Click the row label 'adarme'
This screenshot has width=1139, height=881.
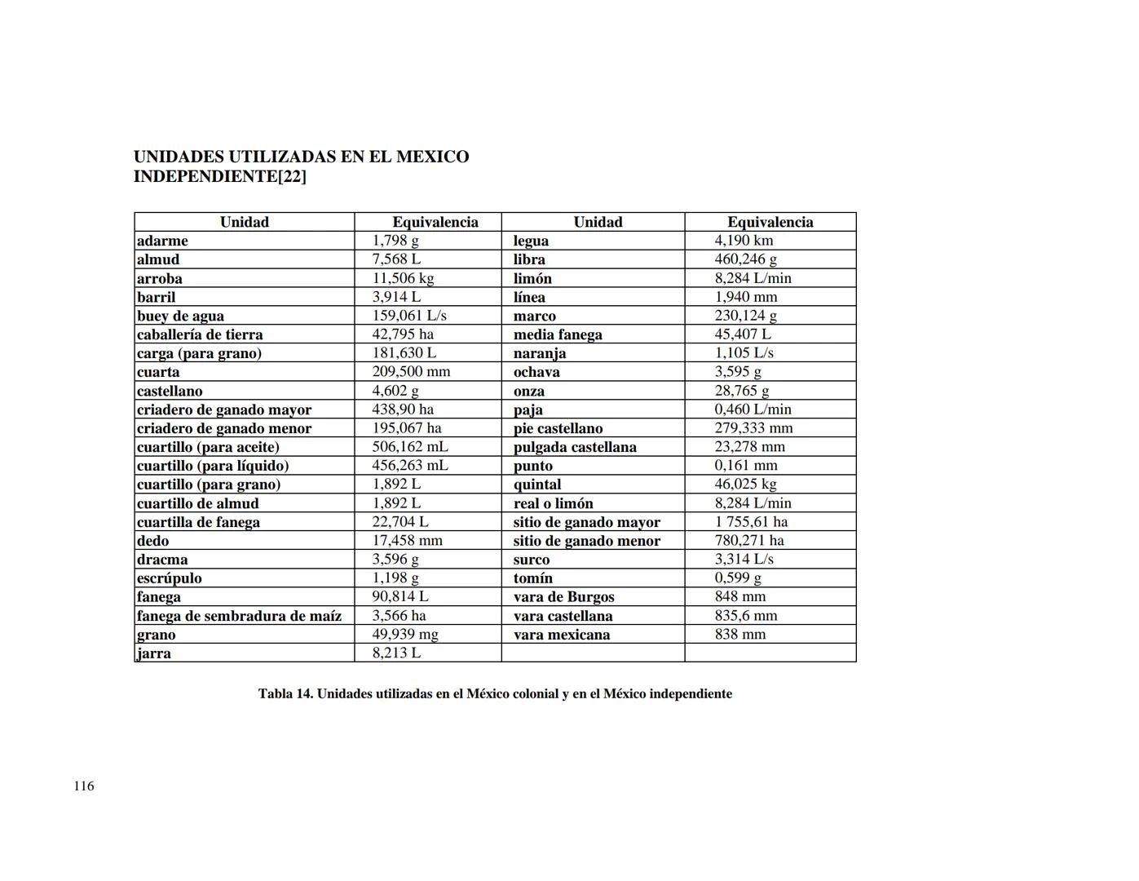pyautogui.click(x=162, y=241)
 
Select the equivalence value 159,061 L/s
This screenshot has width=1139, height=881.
pyautogui.click(x=409, y=316)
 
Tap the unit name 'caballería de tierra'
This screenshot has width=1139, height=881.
pyautogui.click(x=200, y=334)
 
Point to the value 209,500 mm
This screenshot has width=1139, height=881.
pyautogui.click(x=411, y=372)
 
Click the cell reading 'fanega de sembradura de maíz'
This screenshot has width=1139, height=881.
pyautogui.click(x=239, y=616)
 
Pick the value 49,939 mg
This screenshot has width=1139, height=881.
pyautogui.click(x=405, y=635)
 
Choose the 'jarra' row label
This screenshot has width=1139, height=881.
pyautogui.click(x=154, y=653)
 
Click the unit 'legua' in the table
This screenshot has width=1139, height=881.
pyautogui.click(x=531, y=241)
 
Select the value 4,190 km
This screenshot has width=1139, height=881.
pyautogui.click(x=744, y=241)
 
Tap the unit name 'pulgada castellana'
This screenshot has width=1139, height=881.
pyautogui.click(x=575, y=447)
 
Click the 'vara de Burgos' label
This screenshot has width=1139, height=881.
pyautogui.click(x=563, y=597)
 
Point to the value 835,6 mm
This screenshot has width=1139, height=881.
pyautogui.click(x=746, y=616)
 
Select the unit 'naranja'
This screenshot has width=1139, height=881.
pyautogui.click(x=540, y=353)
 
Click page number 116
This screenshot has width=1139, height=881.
pyautogui.click(x=84, y=786)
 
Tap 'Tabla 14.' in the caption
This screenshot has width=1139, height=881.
pyautogui.click(x=285, y=694)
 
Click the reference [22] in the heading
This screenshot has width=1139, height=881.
pyautogui.click(x=292, y=176)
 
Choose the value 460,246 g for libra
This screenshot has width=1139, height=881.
pyautogui.click(x=745, y=259)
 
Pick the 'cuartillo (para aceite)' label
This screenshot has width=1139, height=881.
pyautogui.click(x=208, y=447)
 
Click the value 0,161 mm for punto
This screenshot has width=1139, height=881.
pyautogui.click(x=746, y=466)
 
